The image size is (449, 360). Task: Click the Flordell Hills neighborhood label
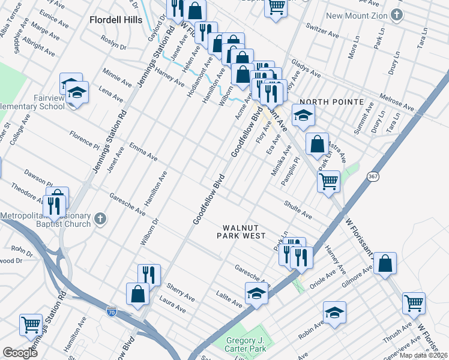(x=116, y=20)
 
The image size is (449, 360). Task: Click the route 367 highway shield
(x=372, y=175)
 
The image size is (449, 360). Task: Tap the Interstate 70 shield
(x=111, y=311)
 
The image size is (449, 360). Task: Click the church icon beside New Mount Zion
(x=397, y=14)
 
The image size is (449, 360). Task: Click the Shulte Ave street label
(x=298, y=210)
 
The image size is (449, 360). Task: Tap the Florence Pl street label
(x=83, y=139)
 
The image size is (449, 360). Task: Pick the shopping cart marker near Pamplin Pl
(x=328, y=181)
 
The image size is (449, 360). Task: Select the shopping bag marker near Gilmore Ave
(x=385, y=263)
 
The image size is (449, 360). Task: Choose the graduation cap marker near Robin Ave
(x=334, y=312)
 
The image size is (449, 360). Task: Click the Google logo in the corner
(x=20, y=353)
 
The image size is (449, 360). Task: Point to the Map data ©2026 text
(x=424, y=355)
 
